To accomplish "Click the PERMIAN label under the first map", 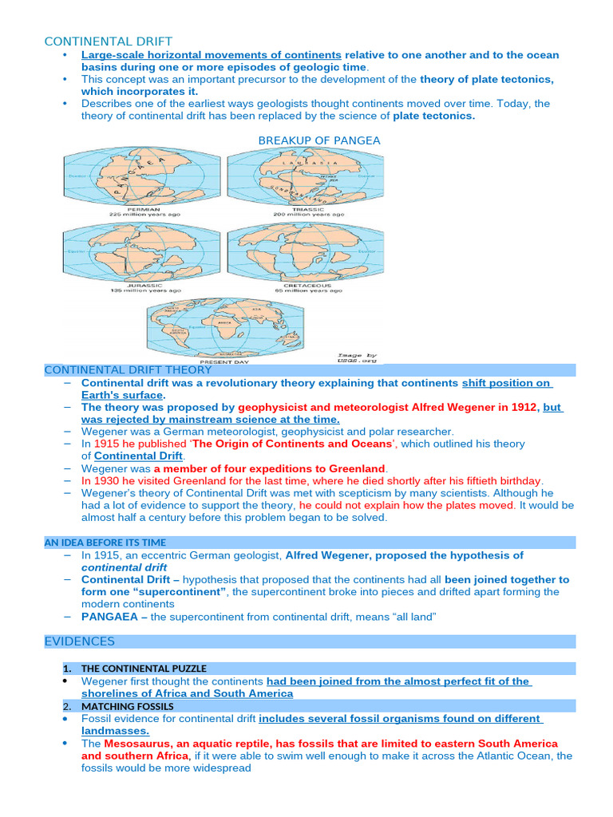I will coord(143,208).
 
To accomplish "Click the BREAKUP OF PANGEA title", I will coord(319,140).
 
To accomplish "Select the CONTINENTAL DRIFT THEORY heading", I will coord(128,369).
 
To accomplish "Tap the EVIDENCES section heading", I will coord(80,641).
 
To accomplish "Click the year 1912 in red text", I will coord(524,407).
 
